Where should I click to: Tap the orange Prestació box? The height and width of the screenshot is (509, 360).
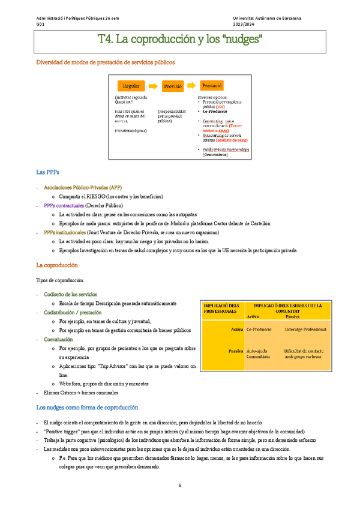click(x=212, y=85)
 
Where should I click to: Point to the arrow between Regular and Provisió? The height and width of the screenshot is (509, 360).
click(x=152, y=86)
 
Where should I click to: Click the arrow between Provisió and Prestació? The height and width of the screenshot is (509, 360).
click(x=192, y=86)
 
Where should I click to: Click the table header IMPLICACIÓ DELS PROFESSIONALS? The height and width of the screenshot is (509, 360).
click(x=221, y=309)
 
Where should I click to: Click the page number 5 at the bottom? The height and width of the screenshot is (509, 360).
click(x=179, y=485)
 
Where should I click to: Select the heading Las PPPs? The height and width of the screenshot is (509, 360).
click(x=47, y=172)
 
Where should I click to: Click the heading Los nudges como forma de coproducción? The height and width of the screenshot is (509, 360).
click(x=87, y=408)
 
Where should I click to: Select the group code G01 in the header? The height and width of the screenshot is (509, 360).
click(x=40, y=24)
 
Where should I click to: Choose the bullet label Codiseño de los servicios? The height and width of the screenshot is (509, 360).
click(x=70, y=294)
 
